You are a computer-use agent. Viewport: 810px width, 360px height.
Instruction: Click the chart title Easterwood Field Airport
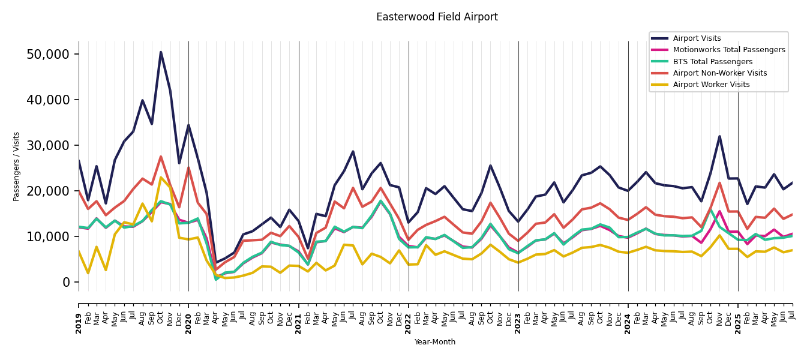437,17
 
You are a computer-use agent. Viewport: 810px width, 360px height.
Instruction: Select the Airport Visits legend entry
697,38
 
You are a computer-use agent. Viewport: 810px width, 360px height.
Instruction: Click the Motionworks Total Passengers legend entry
728,50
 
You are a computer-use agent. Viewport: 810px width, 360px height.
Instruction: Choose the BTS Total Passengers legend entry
712,62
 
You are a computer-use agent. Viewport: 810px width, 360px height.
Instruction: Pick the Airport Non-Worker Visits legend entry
719,73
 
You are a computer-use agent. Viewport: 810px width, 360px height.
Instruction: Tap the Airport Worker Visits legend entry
711,85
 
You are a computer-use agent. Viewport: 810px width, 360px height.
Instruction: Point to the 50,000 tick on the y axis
48,54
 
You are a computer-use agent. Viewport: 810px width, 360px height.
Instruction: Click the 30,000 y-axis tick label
48,145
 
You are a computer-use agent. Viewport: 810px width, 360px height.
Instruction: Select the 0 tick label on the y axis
66,282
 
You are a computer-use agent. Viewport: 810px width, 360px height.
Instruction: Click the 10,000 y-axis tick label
48,236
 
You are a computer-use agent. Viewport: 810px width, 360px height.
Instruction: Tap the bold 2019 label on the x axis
79,314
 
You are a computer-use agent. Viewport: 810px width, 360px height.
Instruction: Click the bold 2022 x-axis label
409,314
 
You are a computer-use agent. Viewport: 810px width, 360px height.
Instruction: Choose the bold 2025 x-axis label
738,314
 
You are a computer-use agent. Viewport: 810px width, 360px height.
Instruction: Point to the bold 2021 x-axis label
299,314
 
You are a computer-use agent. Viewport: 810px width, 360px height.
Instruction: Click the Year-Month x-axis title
435,342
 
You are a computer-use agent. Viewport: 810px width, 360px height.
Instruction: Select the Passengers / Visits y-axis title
17,166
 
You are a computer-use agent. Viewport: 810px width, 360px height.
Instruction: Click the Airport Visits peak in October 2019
161,52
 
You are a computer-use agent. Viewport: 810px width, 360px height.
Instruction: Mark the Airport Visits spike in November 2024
719,136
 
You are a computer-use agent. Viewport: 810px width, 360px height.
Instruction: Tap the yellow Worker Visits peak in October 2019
161,178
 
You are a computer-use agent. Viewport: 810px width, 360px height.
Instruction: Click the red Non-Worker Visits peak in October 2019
161,157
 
